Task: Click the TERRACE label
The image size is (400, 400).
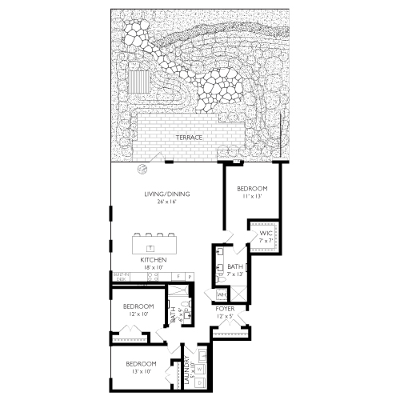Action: coord(190,138)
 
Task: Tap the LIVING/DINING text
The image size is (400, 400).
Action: coord(160,194)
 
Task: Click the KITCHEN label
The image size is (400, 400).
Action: coord(153,260)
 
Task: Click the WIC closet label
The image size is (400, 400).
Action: coord(265,233)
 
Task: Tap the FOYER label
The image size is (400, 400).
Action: coord(225,308)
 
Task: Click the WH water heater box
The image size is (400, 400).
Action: coord(221,294)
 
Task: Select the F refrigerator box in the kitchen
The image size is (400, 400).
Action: coord(178,277)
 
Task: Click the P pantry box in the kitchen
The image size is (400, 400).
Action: coord(189,277)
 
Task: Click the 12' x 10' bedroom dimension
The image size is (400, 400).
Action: coord(138,314)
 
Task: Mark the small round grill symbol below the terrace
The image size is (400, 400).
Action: coord(142,168)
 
